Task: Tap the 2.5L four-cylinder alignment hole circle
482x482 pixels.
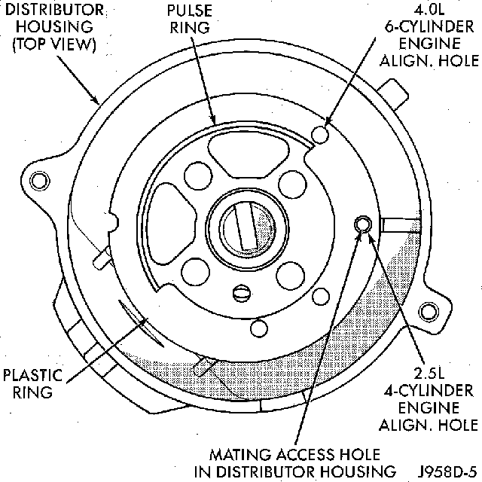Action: [x=362, y=224]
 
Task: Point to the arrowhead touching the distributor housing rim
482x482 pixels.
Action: [x=98, y=102]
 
